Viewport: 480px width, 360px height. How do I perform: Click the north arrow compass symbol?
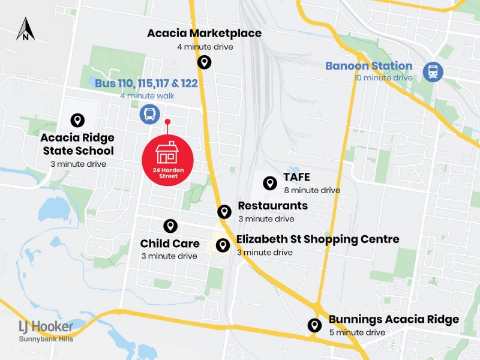tap(25, 29)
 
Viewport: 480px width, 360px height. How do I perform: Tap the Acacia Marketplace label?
tap(204, 34)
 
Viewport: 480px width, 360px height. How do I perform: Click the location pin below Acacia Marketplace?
tap(204, 62)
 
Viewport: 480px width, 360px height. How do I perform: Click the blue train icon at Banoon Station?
tap(432, 71)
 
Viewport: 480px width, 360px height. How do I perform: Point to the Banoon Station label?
tap(368, 66)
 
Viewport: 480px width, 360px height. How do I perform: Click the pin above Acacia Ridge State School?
tap(77, 121)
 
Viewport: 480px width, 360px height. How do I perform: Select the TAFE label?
tap(296, 178)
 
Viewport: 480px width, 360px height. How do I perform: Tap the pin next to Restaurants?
tap(224, 211)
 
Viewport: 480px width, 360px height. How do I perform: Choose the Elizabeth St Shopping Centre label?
tap(317, 239)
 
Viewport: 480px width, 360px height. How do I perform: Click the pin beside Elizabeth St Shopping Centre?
tap(223, 245)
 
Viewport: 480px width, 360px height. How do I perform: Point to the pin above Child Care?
tap(170, 226)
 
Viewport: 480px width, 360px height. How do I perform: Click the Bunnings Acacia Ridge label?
tap(394, 320)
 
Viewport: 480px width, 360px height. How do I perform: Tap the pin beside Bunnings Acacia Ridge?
tap(314, 325)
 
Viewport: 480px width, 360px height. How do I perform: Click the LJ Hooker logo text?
tap(46, 327)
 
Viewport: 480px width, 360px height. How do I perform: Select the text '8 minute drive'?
tap(312, 190)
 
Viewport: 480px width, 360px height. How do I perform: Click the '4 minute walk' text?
tap(147, 96)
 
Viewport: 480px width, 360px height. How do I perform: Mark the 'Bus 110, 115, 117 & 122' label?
tap(146, 83)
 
